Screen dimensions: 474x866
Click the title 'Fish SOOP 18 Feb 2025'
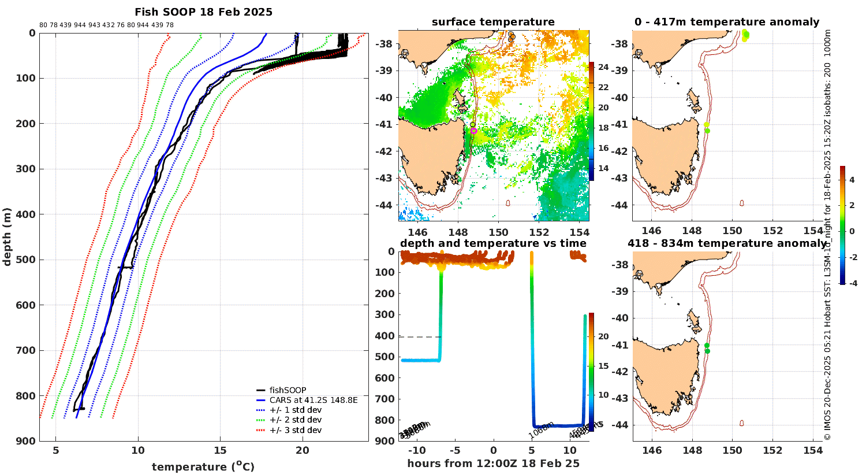pos(203,12)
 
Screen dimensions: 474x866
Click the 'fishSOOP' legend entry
pos(288,390)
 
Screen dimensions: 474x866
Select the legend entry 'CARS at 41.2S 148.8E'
pos(313,400)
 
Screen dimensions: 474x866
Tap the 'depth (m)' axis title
pos(7,236)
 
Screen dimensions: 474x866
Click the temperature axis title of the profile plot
pos(203,466)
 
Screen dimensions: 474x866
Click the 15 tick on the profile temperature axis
pos(220,451)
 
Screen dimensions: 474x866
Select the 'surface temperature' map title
pos(493,22)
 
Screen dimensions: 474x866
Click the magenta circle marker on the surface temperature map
pos(474,131)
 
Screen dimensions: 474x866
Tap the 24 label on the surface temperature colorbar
pos(603,67)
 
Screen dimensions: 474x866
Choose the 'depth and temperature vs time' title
pos(493,243)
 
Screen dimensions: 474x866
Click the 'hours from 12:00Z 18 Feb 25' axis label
pos(493,464)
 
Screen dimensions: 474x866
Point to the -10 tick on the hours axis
pos(417,451)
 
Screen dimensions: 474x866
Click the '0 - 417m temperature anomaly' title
pos(726,22)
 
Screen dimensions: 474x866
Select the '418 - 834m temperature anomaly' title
pos(726,243)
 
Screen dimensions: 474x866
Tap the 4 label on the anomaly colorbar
pos(852,180)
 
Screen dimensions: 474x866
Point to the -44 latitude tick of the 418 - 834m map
pos(621,425)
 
